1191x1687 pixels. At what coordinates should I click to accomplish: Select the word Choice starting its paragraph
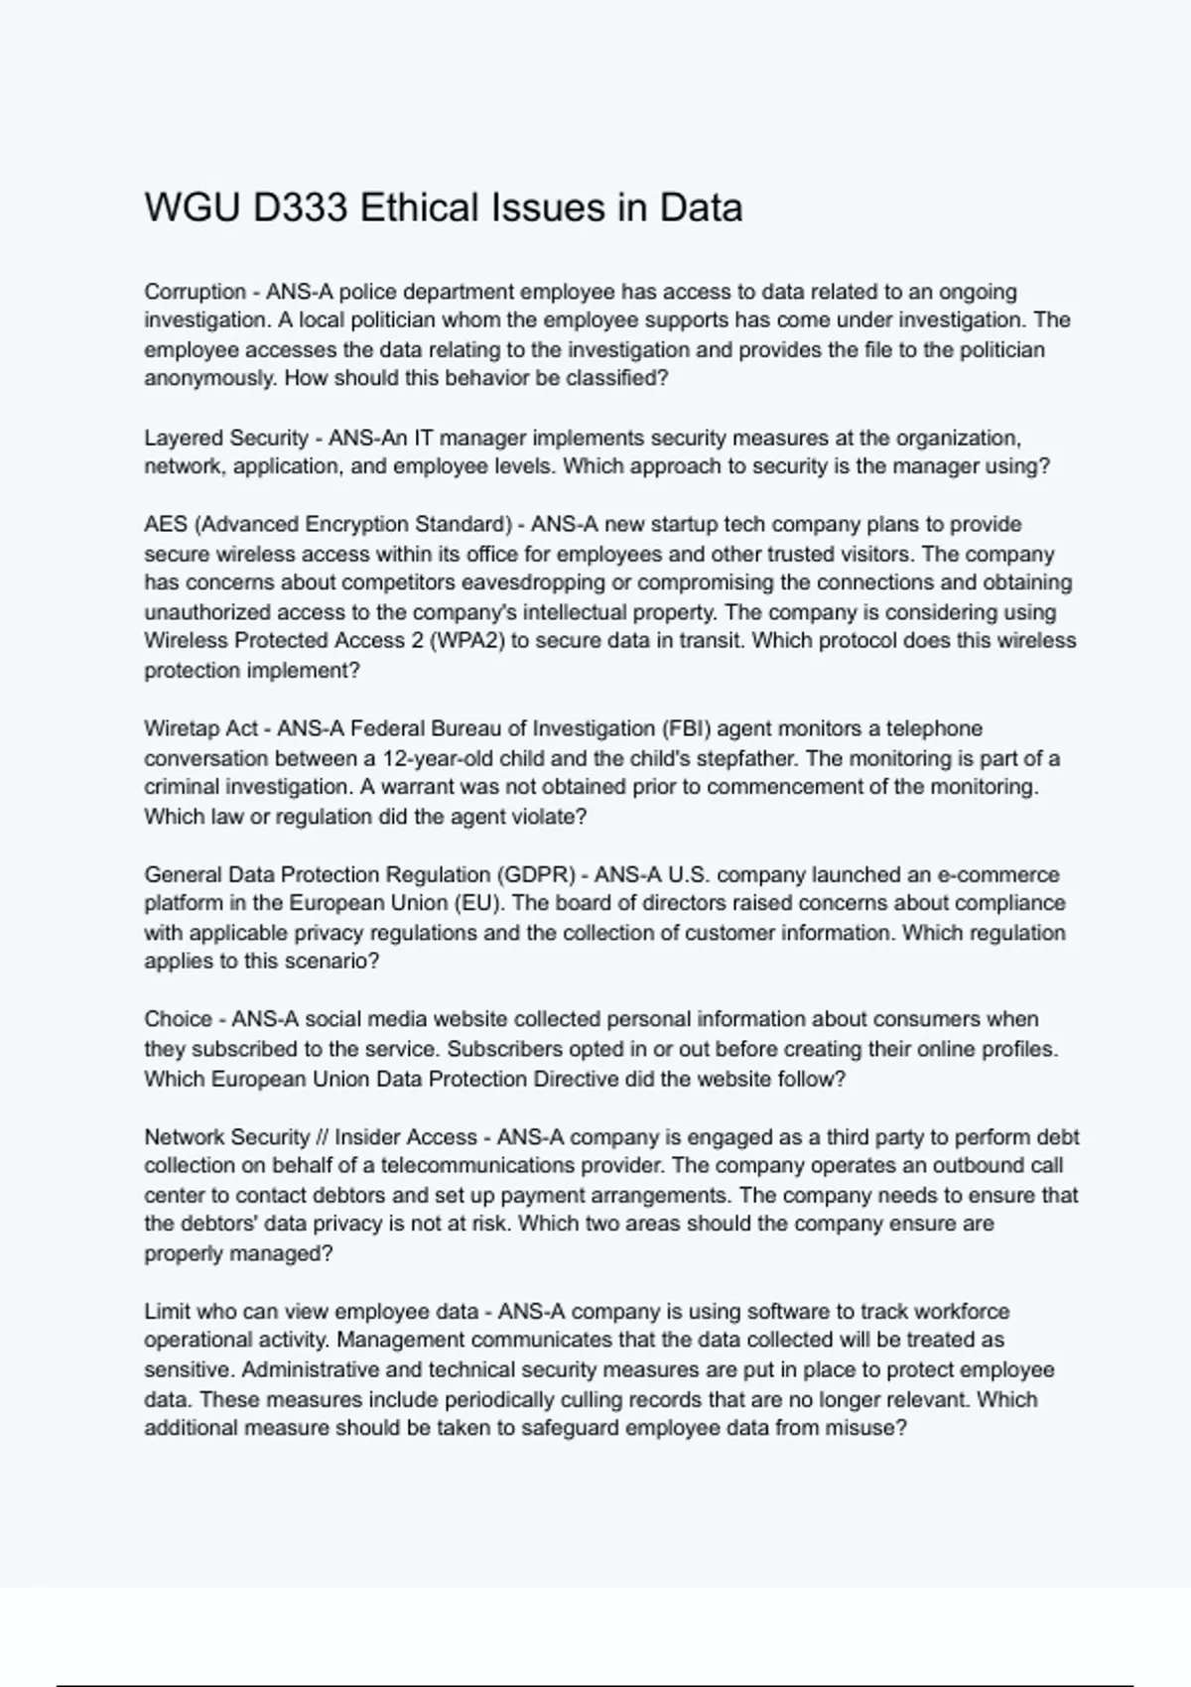point(178,1019)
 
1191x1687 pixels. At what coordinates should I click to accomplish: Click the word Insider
point(371,1137)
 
